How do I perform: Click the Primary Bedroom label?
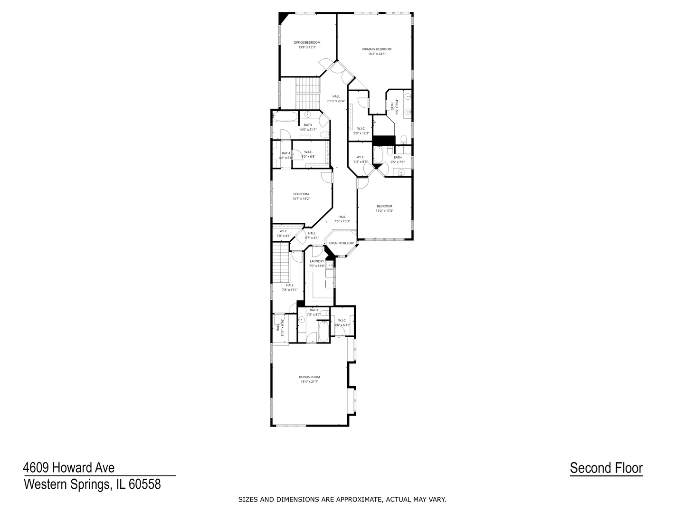point(377,49)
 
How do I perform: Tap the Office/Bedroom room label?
point(307,43)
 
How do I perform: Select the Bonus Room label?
point(309,377)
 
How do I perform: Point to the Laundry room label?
point(317,261)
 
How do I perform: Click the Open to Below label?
point(342,243)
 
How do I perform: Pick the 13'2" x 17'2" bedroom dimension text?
point(384,211)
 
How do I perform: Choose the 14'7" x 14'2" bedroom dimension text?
point(301,199)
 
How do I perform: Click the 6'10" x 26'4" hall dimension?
point(336,101)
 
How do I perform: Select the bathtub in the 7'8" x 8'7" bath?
point(323,331)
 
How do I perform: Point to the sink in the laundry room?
point(329,266)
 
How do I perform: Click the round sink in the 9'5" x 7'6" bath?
point(401,172)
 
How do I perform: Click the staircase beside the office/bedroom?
point(307,92)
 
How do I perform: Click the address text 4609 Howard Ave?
point(69,468)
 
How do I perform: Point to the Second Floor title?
point(606,468)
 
